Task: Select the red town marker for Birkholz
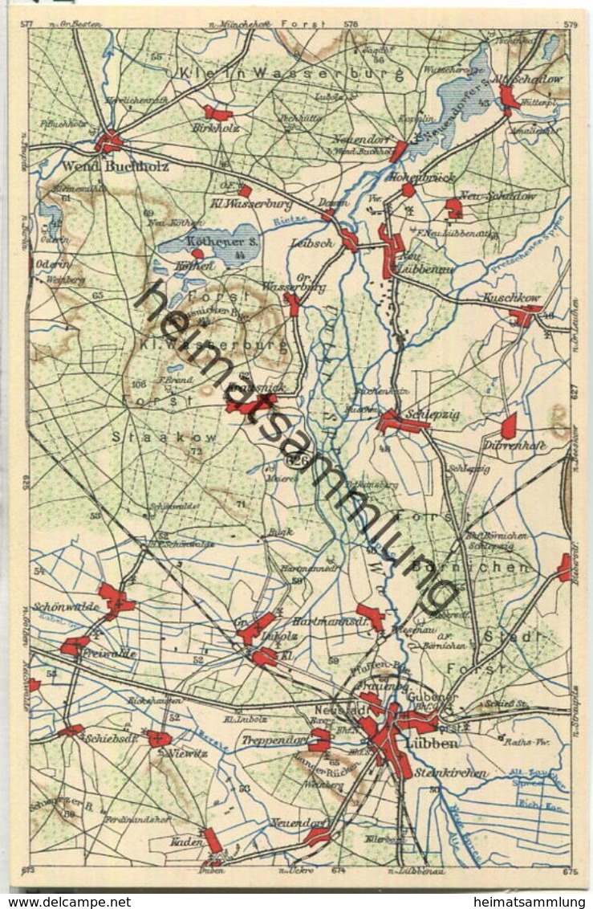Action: click(x=217, y=113)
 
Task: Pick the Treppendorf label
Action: click(x=273, y=740)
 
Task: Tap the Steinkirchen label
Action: click(x=457, y=773)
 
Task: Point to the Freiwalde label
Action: click(x=108, y=654)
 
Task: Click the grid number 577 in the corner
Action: click(x=26, y=24)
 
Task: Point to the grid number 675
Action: click(x=571, y=870)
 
